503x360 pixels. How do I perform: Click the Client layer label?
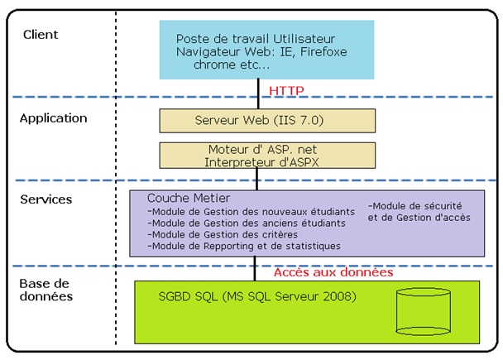[x=41, y=35]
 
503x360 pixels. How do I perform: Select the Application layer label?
[x=53, y=118]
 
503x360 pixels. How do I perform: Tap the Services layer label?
[x=46, y=199]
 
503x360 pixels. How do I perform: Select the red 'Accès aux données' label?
[x=333, y=271]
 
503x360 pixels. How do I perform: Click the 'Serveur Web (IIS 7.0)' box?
[x=259, y=121]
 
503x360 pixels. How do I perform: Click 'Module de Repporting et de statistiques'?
[x=243, y=246]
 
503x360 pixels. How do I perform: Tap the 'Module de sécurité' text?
[x=414, y=205]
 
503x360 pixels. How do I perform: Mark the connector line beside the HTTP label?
[x=259, y=89]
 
